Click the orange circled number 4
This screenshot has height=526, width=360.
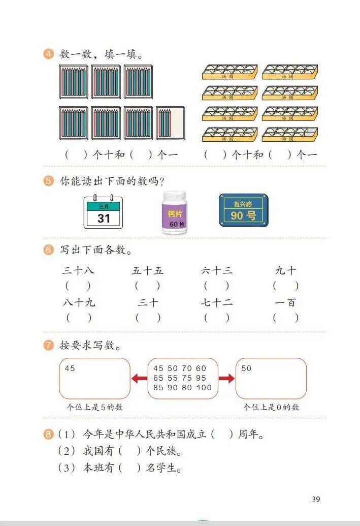tap(48, 53)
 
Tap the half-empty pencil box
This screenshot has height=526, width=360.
tap(171, 123)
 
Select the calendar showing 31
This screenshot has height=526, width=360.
tap(103, 212)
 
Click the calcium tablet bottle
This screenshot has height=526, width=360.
tap(174, 212)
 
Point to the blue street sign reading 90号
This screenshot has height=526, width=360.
tap(243, 210)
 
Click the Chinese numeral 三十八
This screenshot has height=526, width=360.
tap(78, 270)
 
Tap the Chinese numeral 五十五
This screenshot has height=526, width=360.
tap(147, 270)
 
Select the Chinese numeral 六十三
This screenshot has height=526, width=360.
tap(216, 270)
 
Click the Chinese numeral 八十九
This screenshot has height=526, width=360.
tap(79, 302)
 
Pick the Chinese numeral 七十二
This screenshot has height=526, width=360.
tap(216, 302)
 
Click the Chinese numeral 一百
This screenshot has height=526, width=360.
tap(285, 302)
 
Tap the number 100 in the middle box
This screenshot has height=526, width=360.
tap(204, 388)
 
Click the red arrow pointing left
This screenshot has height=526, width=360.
tap(139, 379)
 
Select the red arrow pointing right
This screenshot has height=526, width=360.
tap(226, 379)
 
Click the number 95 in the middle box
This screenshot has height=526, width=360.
tap(201, 378)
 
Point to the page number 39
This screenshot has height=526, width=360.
tap(316, 499)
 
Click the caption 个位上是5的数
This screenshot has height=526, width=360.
tap(94, 407)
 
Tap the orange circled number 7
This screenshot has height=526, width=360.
tap(48, 345)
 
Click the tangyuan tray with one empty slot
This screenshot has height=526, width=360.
tap(290, 134)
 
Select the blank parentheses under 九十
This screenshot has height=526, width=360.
tap(285, 286)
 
